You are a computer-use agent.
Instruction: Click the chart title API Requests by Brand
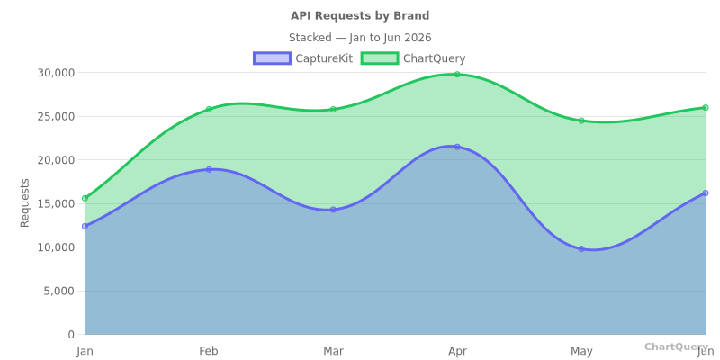pos(360,16)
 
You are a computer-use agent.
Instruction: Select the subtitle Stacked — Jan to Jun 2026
pos(360,38)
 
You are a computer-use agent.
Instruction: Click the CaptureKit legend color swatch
pos(272,58)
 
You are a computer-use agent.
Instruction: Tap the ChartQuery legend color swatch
pos(379,58)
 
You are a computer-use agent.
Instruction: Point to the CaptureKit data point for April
pos(457,147)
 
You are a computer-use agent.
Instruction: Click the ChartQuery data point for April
pos(457,75)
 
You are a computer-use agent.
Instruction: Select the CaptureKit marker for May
pos(581,249)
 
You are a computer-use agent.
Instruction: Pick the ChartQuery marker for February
pos(209,110)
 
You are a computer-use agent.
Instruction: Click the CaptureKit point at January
pos(85,226)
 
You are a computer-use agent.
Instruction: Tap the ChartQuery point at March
pos(333,110)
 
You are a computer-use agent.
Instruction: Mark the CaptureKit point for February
pos(209,169)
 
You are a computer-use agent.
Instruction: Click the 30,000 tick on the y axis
pos(56,73)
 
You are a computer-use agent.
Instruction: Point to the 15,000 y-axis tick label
pos(56,203)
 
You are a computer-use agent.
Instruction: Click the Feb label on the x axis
pos(209,351)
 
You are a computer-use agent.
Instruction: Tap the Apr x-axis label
pos(457,351)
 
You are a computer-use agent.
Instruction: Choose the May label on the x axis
pos(581,351)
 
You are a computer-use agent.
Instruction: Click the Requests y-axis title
pos(25,202)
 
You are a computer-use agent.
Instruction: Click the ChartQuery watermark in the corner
pos(676,346)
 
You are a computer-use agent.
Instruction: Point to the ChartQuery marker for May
pos(581,121)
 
